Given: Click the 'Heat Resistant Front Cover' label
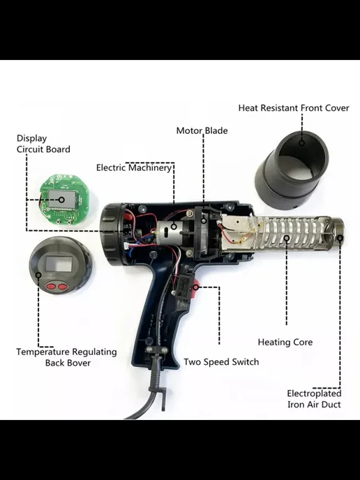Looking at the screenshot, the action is tap(294, 108).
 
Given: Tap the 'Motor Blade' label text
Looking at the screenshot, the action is tap(202, 130).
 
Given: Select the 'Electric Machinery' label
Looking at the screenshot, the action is tap(134, 167).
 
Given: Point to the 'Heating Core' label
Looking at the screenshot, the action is tap(285, 343).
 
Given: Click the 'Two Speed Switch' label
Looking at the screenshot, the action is tap(221, 362).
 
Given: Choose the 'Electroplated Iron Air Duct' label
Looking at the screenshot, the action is tap(314, 399).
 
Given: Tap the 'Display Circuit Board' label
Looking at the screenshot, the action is tap(43, 144).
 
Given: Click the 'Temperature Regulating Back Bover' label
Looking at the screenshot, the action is tap(67, 357).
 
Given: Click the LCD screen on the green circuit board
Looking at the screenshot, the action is tap(62, 199).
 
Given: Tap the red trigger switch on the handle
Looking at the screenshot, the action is tap(195, 286).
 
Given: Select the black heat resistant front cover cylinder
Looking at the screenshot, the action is tap(292, 170).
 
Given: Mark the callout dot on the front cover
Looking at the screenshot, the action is tap(302, 142).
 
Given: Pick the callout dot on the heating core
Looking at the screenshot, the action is tap(287, 237).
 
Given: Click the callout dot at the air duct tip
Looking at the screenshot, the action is tap(340, 237).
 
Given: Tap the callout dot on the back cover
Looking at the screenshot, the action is tap(38, 275).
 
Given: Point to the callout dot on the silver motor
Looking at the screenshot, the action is tap(174, 227).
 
